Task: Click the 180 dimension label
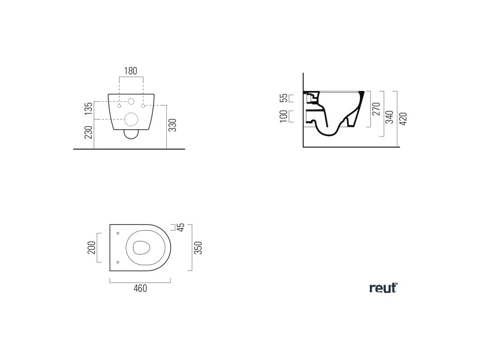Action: coord(130,71)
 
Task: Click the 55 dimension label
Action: coord(284,98)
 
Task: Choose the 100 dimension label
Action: coord(284,116)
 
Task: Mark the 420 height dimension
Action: coord(404,119)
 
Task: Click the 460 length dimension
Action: coord(140,288)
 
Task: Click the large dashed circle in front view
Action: coord(131,120)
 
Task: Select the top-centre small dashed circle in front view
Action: coord(131,101)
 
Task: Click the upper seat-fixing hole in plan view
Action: coord(118,233)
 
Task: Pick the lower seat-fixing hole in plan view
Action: coord(118,262)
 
